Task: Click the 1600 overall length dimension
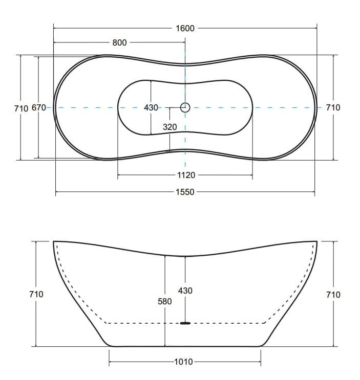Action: (x=185, y=28)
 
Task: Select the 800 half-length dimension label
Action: (x=119, y=42)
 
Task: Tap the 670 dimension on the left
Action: (x=39, y=107)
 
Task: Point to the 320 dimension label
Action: (x=170, y=127)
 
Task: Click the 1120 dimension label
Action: (x=186, y=175)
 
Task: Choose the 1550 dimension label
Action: (x=185, y=192)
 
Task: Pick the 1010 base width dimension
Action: (x=184, y=362)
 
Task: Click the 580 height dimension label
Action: (x=165, y=301)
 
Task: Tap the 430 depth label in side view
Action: (x=185, y=290)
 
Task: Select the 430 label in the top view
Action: (x=151, y=107)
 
